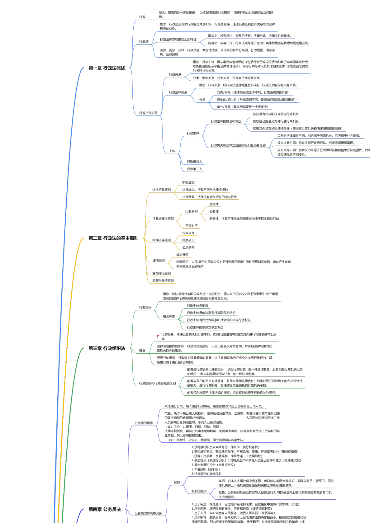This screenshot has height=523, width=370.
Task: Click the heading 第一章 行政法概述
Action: coord(107,68)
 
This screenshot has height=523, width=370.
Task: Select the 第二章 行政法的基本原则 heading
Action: coord(113,238)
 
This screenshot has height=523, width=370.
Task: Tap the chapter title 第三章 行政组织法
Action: coord(107,348)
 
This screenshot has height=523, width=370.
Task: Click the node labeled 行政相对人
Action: coord(194,162)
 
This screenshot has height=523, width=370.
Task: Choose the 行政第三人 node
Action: coord(194,169)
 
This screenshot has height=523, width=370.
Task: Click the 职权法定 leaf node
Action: coord(188,182)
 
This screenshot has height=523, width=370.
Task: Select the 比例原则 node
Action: coord(191,211)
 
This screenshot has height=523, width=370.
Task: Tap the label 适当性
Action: coord(214,204)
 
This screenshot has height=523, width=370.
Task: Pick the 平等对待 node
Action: coord(191,226)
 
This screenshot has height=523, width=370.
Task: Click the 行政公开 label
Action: coord(188,233)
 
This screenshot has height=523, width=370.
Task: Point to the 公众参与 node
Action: coord(188,247)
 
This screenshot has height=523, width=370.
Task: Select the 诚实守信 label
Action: coord(182,255)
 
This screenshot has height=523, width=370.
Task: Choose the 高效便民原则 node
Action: coord(161,274)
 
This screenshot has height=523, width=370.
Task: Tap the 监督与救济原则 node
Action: coord(163,281)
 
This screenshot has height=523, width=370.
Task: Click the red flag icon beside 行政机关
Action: coord(159,336)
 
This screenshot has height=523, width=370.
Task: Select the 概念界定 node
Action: coord(169,317)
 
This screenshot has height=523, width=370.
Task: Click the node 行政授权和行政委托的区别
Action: coord(157,383)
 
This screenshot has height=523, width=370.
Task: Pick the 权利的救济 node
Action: coord(199,491)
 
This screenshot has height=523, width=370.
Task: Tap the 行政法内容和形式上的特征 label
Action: coord(178,40)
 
